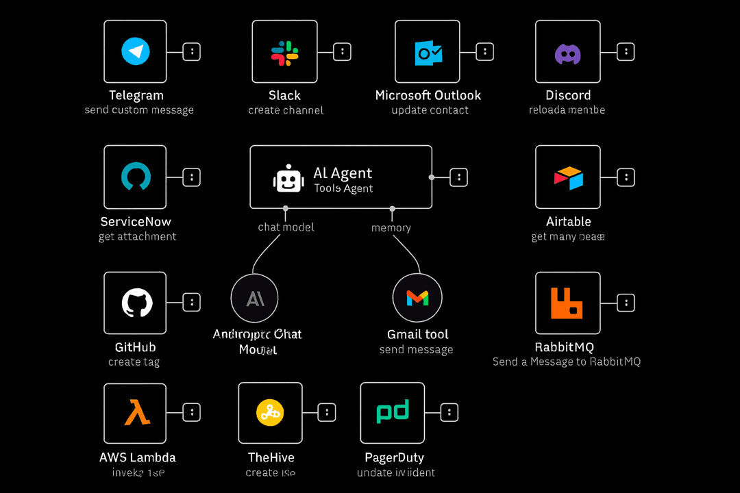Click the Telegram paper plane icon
(x=135, y=51)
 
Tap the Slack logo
(x=284, y=52)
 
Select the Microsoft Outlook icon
(x=429, y=52)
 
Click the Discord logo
(x=567, y=53)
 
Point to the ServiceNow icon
(x=135, y=177)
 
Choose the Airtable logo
(x=568, y=177)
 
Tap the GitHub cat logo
(x=136, y=303)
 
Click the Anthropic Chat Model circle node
(x=255, y=298)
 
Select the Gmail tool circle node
(x=417, y=298)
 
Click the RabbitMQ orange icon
(x=567, y=303)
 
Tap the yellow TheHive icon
(x=270, y=412)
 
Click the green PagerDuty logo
(x=393, y=412)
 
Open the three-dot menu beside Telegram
(x=192, y=51)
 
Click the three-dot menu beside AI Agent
(x=458, y=177)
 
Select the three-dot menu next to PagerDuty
(x=449, y=412)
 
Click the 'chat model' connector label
(x=286, y=227)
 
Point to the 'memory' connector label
(x=391, y=227)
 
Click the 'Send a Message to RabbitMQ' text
(x=567, y=362)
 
